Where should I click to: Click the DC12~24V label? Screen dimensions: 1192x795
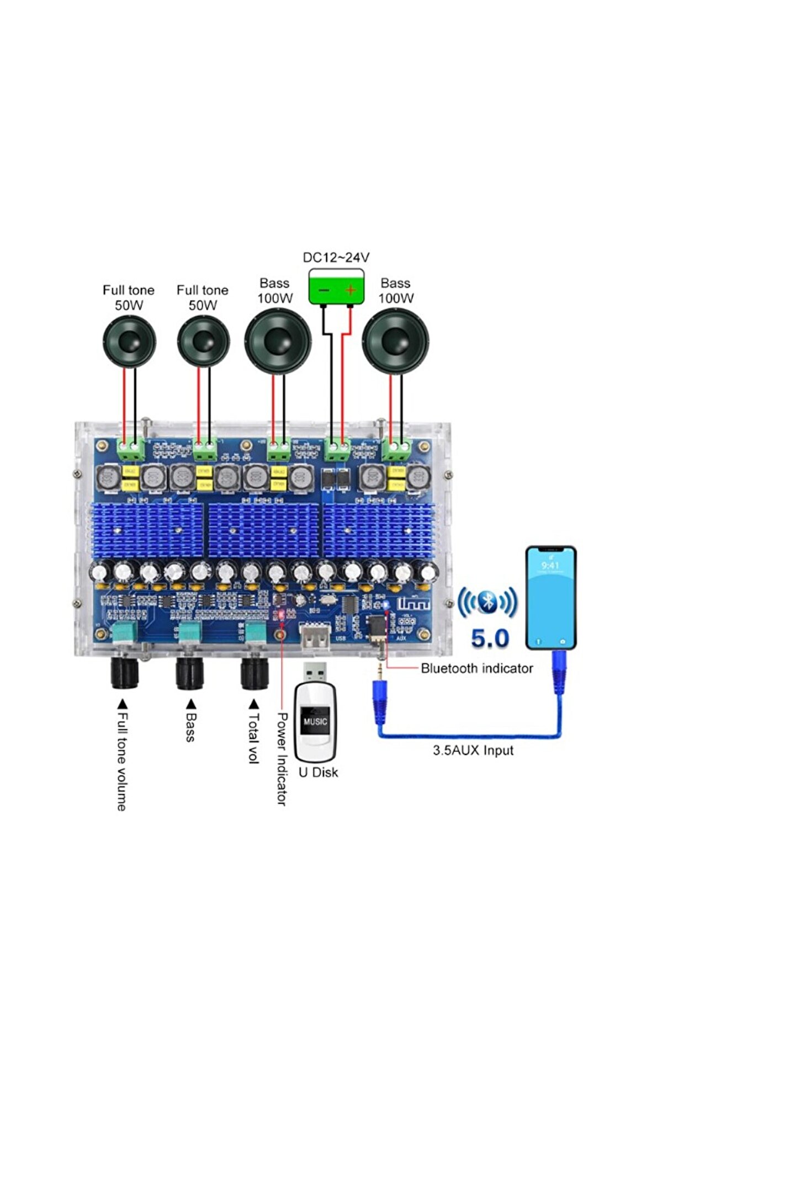coord(336,257)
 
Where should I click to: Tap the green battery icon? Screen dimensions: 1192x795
coord(336,286)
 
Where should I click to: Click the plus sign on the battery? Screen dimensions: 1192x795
coord(350,290)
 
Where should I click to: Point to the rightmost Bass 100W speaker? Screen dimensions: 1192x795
coord(395,341)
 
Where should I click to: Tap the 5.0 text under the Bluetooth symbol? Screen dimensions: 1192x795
coord(490,638)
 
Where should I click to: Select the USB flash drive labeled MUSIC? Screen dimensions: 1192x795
coord(315,717)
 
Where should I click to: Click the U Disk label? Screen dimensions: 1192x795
coord(318,773)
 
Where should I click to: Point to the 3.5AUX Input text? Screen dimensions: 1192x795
coord(473,751)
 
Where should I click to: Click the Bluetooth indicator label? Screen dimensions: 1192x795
coord(476,668)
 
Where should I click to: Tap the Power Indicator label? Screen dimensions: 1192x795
coord(282,759)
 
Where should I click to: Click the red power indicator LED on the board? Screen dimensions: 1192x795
coord(281,614)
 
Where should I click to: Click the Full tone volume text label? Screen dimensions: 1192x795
coord(122,762)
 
